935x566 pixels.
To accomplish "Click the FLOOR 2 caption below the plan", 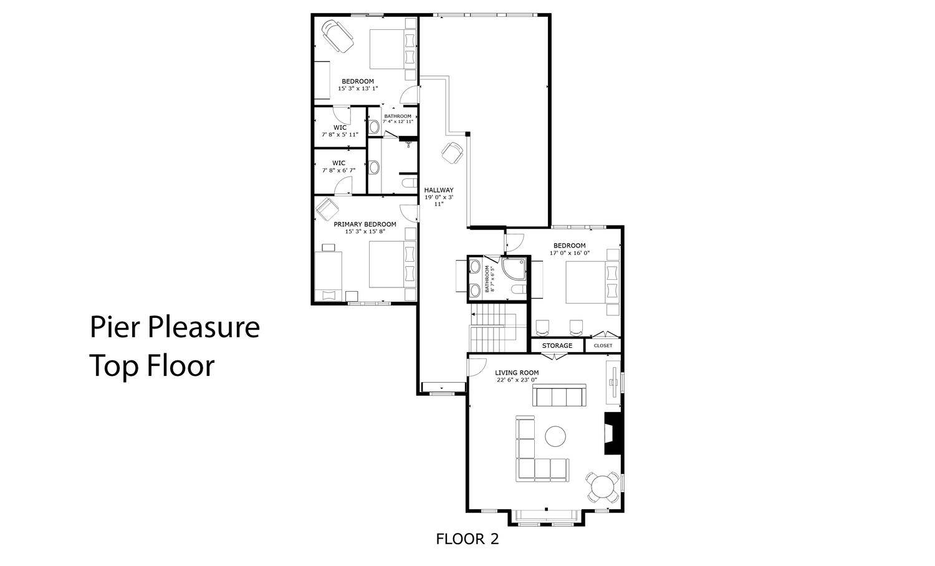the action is point(467,539).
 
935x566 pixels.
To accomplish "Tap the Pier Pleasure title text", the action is point(175,327).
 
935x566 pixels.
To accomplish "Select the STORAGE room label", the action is point(557,345).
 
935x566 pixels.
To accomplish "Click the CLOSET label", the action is point(603,345).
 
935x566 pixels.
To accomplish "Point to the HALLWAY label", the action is point(439,190).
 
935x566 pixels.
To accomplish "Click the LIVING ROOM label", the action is point(517,373).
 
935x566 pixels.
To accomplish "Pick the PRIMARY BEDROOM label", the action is point(365,224).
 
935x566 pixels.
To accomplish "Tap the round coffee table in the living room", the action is point(555,436).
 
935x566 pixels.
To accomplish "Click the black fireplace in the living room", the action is point(613,434).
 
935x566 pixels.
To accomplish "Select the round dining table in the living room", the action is point(602,487).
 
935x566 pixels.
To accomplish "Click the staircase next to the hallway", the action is point(493,328).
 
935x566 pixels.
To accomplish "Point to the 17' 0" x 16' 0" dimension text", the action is point(569,253).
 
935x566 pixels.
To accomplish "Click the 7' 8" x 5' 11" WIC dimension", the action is point(340,135).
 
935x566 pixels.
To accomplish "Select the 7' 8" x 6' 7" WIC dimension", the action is point(338,170).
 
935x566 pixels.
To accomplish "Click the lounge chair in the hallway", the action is point(453,153).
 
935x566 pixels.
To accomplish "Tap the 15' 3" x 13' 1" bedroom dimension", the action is point(358,89).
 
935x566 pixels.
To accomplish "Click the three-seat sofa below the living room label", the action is point(559,395).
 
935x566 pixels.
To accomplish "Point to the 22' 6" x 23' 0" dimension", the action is point(517,380).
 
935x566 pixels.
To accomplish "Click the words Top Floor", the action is point(152,366).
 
